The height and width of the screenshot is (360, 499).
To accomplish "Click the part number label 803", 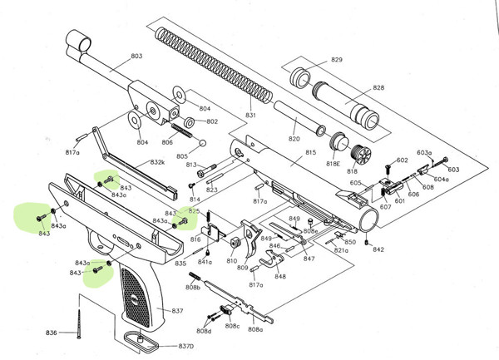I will (136, 56).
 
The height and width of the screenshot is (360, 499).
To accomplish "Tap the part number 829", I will (337, 61).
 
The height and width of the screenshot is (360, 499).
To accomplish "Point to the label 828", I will (378, 87).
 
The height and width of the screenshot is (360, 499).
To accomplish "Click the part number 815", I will (311, 153).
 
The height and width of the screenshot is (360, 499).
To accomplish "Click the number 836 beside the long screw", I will (52, 333).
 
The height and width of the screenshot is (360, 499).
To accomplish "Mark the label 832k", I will (157, 162).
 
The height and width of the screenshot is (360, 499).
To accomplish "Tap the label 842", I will (378, 249).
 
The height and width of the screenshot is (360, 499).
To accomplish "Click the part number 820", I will (294, 138).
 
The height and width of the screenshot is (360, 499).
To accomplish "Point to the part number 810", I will (231, 260).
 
